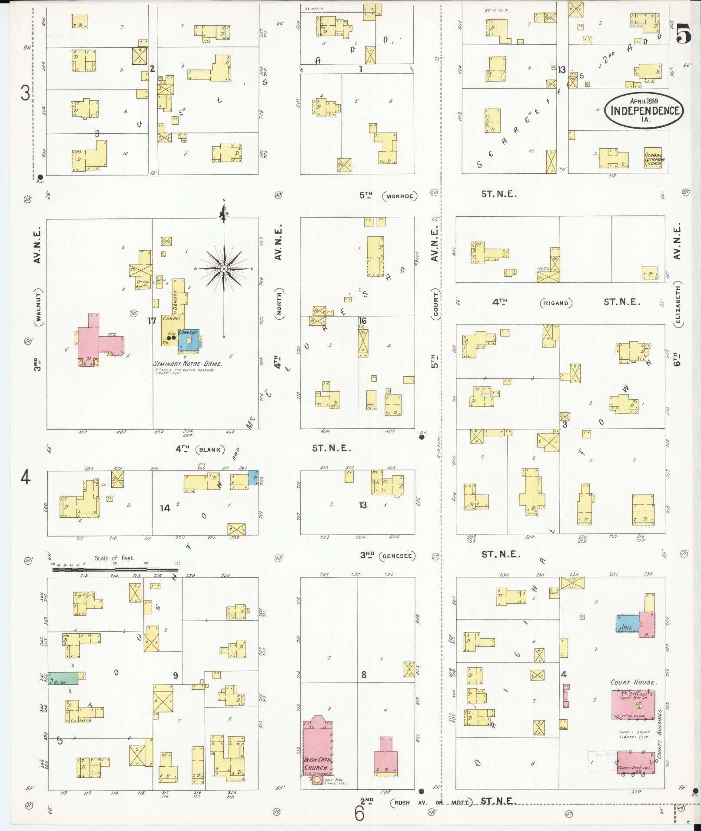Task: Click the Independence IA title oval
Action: (x=644, y=110)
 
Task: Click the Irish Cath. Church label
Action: (x=318, y=764)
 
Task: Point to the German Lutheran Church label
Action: (x=653, y=159)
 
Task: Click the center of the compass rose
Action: (x=224, y=269)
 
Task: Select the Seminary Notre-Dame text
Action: (x=188, y=364)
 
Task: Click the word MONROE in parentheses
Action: (x=399, y=196)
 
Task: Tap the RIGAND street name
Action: (x=556, y=303)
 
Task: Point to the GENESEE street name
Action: (x=397, y=556)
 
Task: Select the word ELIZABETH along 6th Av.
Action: (x=678, y=305)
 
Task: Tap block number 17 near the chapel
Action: (x=151, y=321)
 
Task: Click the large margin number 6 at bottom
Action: (x=359, y=813)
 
